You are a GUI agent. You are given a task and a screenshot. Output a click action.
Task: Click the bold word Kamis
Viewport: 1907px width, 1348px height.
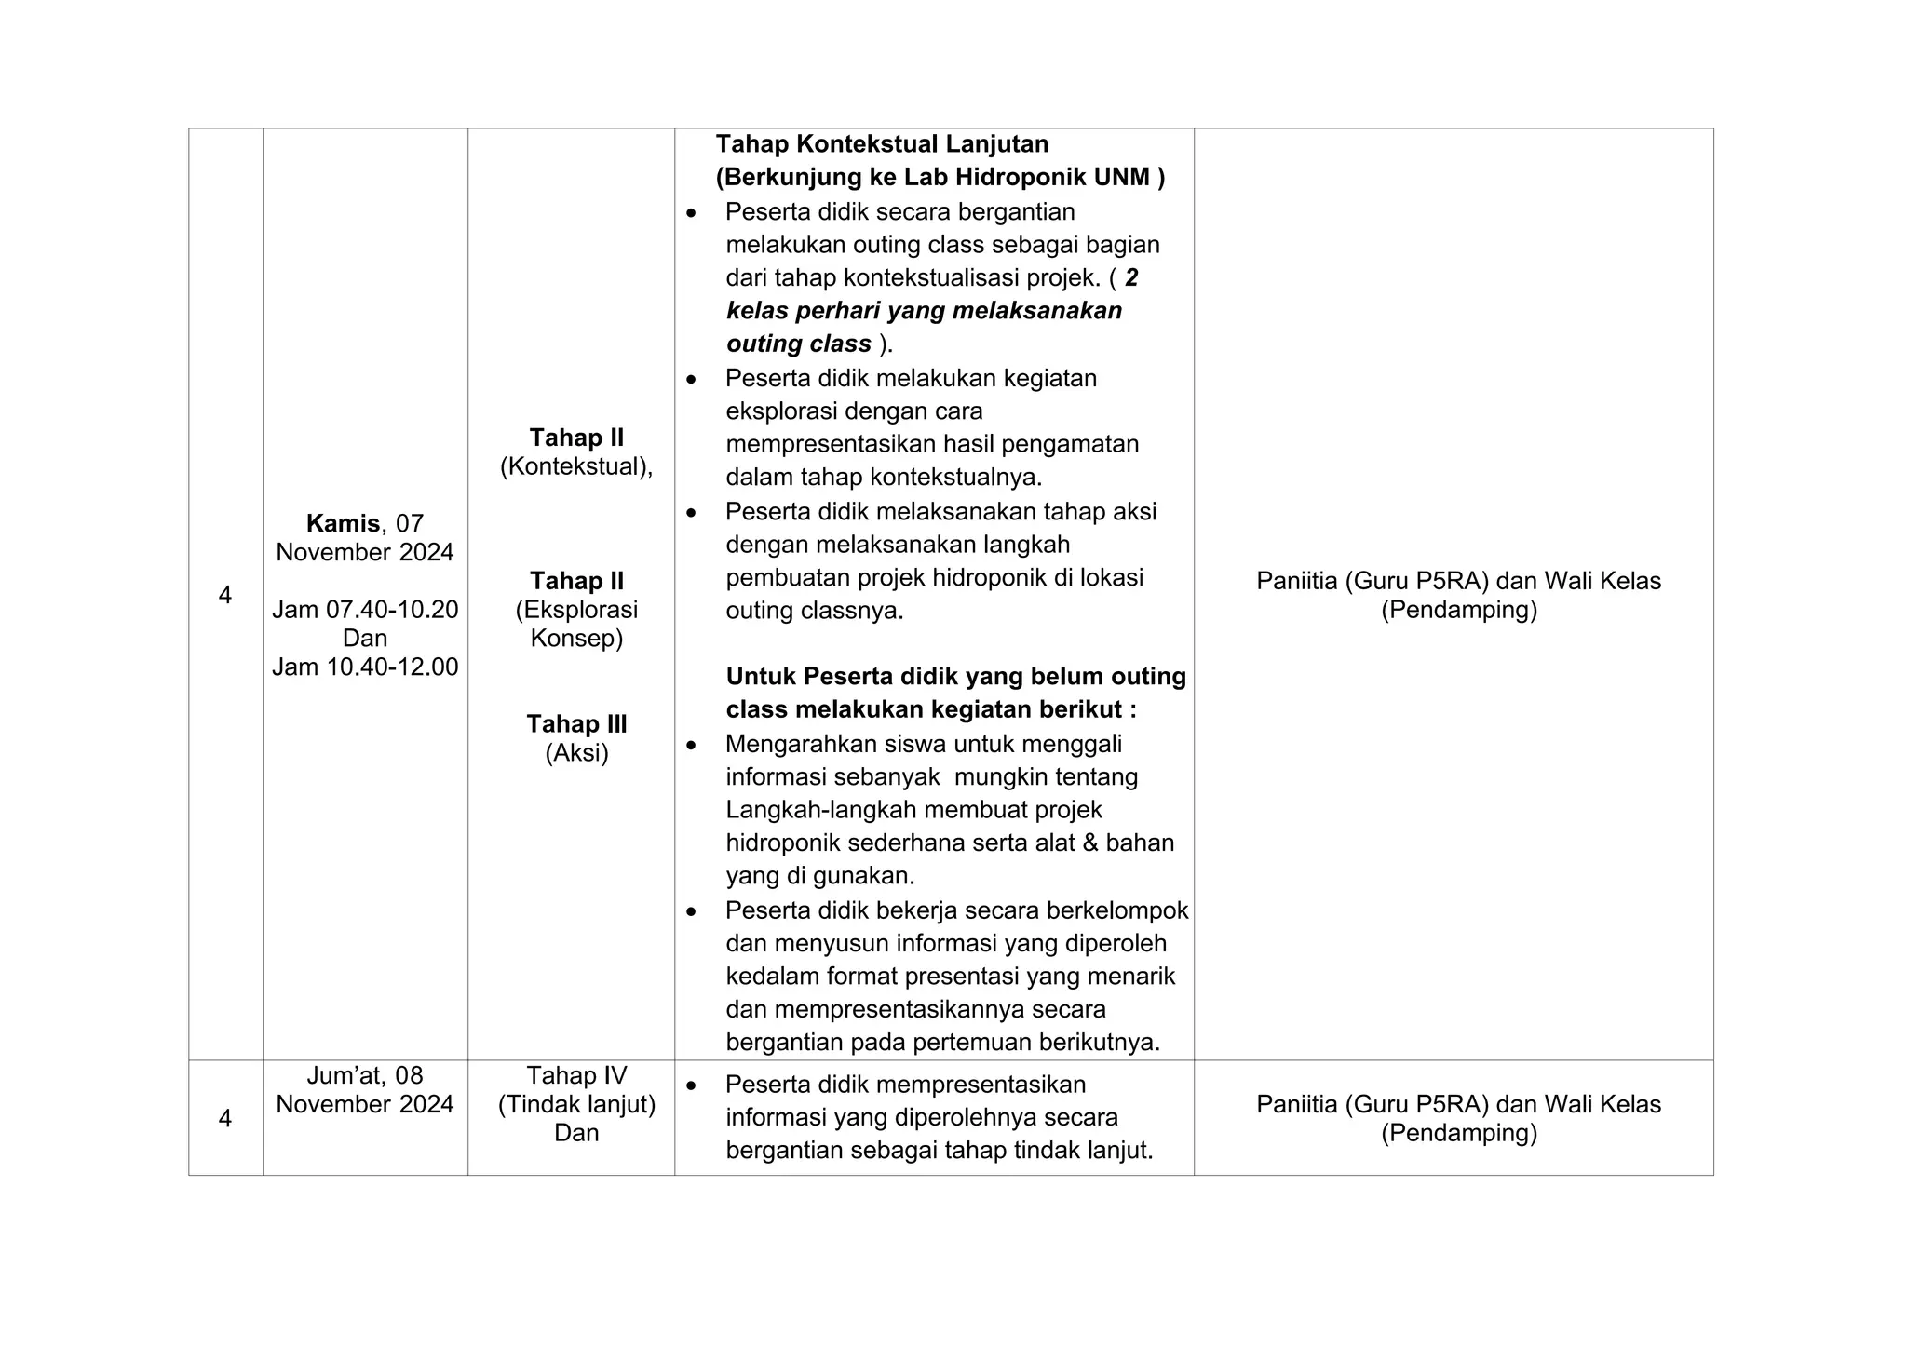coord(342,523)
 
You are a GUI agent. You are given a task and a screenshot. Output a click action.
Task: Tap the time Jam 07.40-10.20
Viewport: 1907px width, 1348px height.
coord(365,610)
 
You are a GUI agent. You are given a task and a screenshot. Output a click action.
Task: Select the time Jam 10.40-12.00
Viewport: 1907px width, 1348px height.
coord(365,667)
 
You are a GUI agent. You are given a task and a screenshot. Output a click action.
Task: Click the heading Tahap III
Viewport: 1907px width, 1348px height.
coord(576,723)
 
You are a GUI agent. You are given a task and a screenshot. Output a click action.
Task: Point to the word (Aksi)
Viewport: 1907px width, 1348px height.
coord(576,752)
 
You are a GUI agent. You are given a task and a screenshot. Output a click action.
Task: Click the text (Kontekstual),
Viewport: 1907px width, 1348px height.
coord(576,466)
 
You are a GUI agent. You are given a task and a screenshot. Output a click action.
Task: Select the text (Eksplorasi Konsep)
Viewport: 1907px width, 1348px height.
coord(576,624)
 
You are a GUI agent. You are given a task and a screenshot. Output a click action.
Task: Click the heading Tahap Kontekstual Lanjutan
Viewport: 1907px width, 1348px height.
coord(882,144)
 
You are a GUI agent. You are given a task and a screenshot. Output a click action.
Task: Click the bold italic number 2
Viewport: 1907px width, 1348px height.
coord(1131,277)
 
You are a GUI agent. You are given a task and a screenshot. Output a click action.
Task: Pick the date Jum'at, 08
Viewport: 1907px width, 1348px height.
coord(365,1075)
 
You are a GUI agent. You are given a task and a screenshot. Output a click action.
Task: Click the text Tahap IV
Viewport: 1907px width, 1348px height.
coord(576,1075)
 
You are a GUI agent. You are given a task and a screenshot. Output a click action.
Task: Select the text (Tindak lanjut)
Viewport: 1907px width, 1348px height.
coord(576,1104)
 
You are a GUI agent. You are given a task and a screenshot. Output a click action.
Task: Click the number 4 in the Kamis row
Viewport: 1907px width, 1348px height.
coord(225,595)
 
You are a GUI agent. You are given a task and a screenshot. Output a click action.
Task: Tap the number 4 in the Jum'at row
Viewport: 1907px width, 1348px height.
coord(225,1118)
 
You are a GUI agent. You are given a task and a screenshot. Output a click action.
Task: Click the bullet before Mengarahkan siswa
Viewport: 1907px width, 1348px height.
coord(691,746)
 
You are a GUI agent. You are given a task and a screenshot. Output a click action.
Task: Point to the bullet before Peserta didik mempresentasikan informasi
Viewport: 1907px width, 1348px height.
coord(691,1085)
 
